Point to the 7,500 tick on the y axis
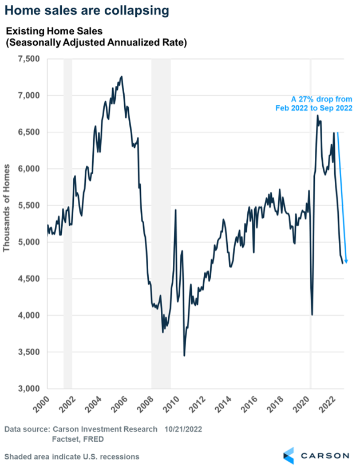[29, 58]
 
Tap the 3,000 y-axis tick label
[29, 388]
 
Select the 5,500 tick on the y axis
[29, 205]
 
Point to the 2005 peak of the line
[121, 77]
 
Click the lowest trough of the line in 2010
[184, 356]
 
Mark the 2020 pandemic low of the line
[312, 314]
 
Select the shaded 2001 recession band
[68, 223]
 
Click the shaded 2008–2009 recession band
[161, 223]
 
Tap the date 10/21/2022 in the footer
[184, 428]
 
